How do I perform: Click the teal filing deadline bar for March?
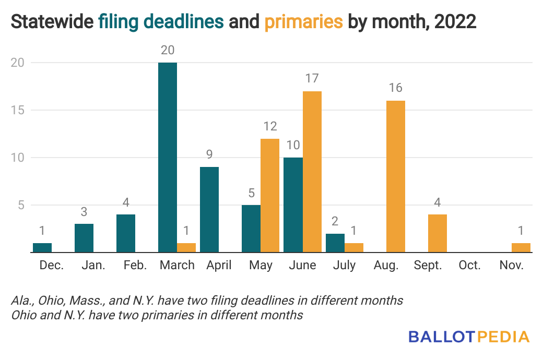[167, 157]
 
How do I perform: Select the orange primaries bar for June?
[312, 172]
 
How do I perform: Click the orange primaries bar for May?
[270, 196]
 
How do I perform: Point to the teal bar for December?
[42, 248]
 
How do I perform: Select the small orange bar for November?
[521, 248]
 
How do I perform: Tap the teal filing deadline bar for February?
[126, 233]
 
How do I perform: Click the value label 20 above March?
[168, 50]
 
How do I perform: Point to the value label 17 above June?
[312, 79]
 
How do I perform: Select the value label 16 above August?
[395, 88]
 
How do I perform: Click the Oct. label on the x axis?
[469, 265]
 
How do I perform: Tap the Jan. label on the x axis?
[93, 265]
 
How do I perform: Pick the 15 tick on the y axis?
[17, 110]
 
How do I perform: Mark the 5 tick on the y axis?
[20, 205]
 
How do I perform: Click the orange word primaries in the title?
[303, 22]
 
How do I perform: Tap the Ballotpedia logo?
[469, 337]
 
